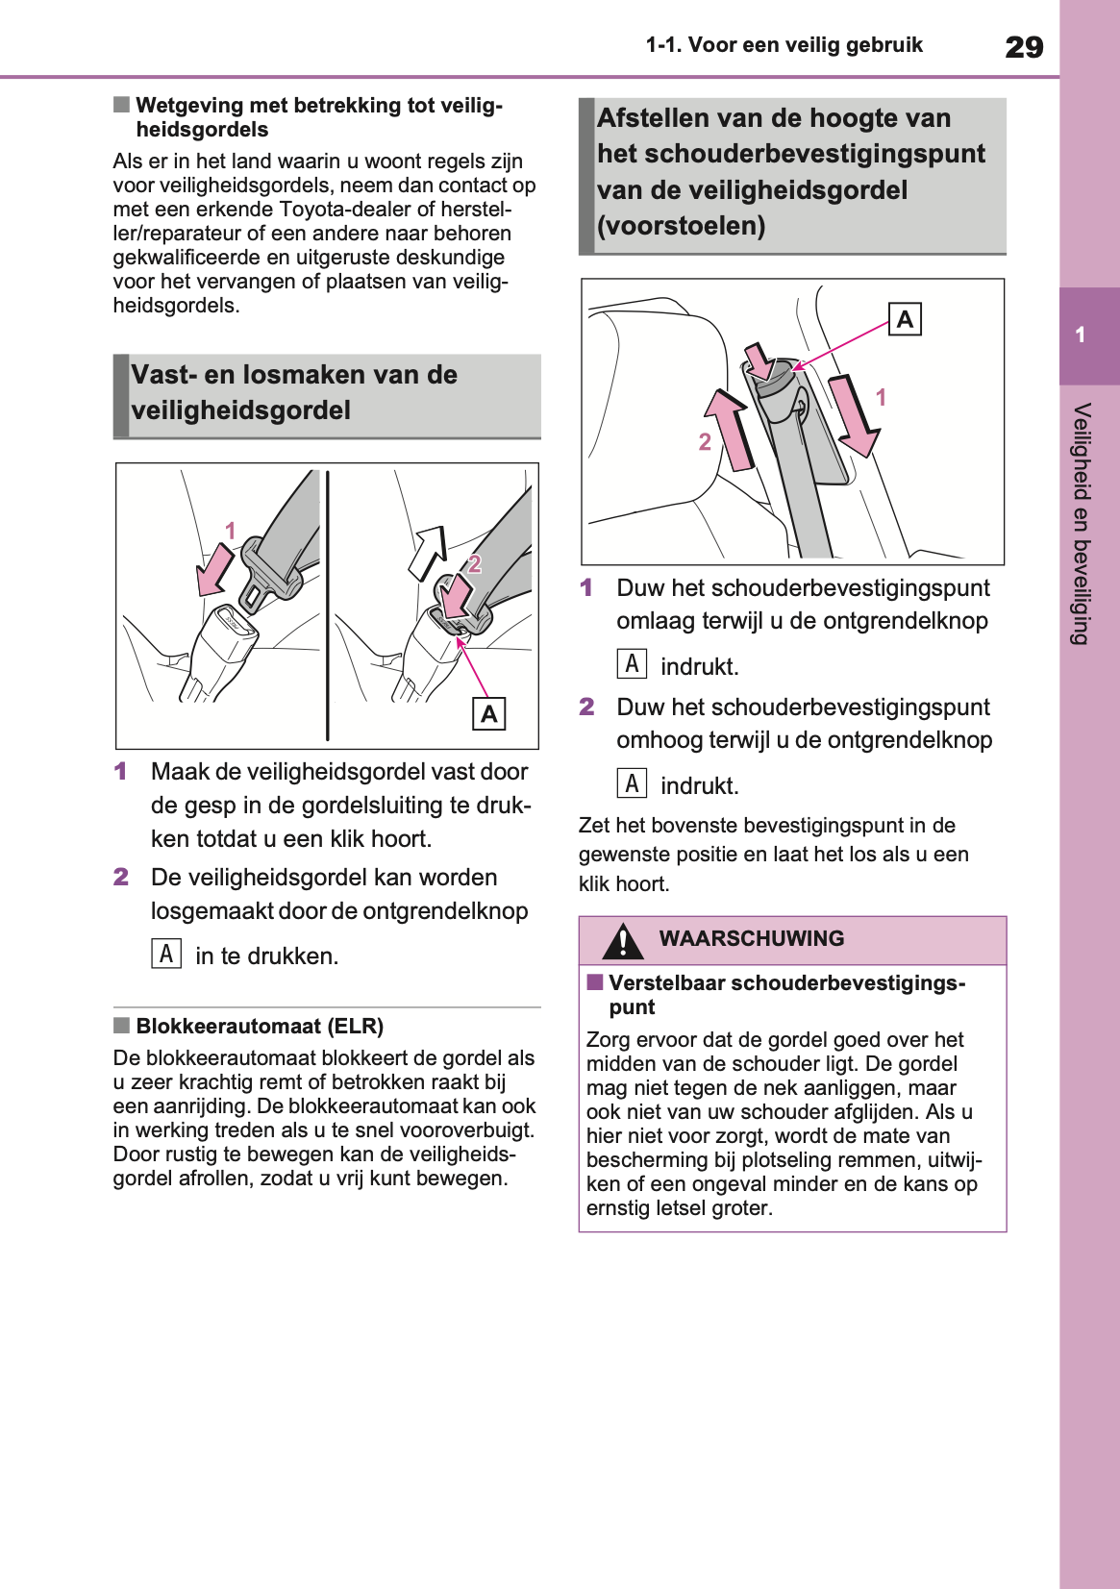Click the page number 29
tap(1024, 47)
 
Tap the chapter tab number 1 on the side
tap(1081, 335)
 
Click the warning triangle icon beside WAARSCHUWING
tap(623, 941)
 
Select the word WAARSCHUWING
tap(751, 938)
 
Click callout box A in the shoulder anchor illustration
tap(905, 319)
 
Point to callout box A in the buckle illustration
tap(489, 714)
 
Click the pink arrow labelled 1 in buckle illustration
tap(215, 569)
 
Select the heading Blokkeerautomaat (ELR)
tap(260, 1026)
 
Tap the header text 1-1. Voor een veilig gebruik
tap(784, 45)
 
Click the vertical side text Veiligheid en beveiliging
tap(1082, 524)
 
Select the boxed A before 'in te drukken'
tap(166, 954)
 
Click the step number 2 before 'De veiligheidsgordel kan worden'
tap(121, 877)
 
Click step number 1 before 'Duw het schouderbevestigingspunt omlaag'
tap(586, 587)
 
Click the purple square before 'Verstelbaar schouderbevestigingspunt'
tap(595, 982)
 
